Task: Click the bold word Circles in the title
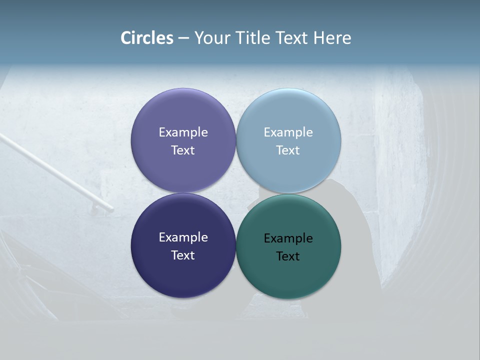coord(147,38)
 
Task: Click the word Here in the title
coord(332,38)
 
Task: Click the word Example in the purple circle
coord(183,132)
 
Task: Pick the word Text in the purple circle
coord(183,150)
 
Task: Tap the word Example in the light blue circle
coord(288,132)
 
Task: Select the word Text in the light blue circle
coord(288,150)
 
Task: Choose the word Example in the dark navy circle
coord(183,237)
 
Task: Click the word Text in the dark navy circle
coord(183,255)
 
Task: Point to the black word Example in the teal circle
coord(288,238)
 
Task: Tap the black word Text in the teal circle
coord(288,256)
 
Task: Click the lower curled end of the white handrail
coord(109,207)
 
